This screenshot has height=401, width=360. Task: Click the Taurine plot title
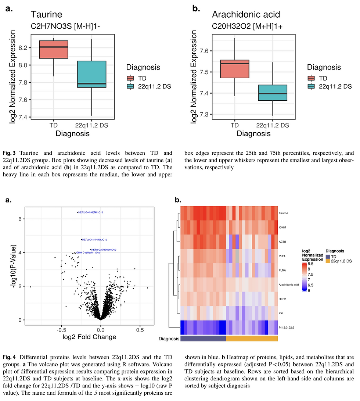pyautogui.click(x=46, y=15)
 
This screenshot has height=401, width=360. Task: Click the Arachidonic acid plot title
pyautogui.click(x=246, y=15)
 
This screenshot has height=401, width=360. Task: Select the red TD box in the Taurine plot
pyautogui.click(x=54, y=50)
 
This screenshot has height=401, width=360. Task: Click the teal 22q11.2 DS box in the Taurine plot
pyautogui.click(x=92, y=74)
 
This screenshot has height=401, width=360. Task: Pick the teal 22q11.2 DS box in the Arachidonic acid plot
pyautogui.click(x=273, y=93)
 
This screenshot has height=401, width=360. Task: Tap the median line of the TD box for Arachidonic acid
pyautogui.click(x=235, y=64)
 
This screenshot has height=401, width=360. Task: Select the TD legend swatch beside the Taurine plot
pyautogui.click(x=130, y=78)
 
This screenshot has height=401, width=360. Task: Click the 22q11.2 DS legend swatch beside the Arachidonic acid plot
pyautogui.click(x=312, y=86)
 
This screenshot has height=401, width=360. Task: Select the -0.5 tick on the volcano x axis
pyautogui.click(x=61, y=330)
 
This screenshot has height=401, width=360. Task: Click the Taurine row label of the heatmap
pyautogui.click(x=283, y=213)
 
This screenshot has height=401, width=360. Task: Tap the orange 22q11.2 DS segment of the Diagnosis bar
pyautogui.click(x=251, y=339)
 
